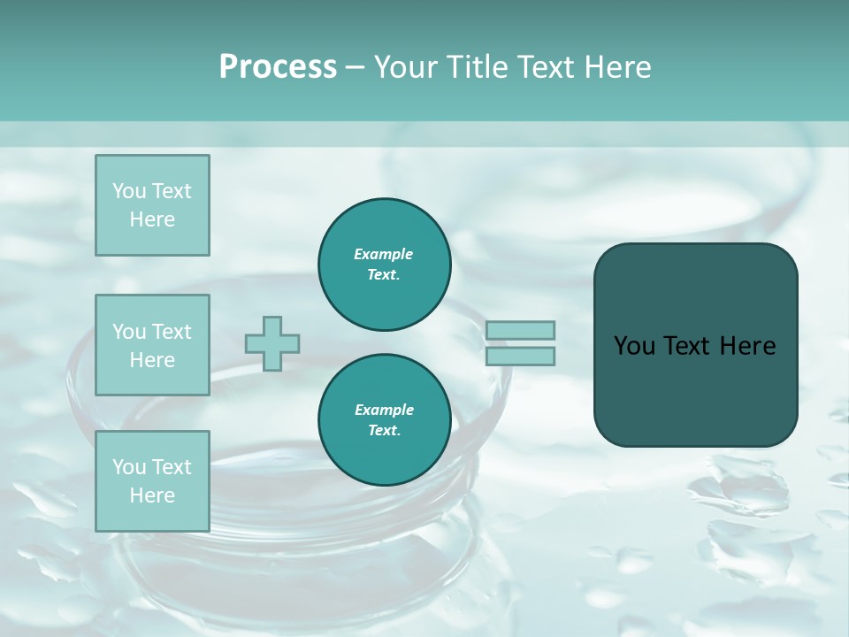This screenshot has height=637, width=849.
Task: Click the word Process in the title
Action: (x=278, y=67)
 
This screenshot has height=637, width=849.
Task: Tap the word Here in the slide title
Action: (x=618, y=67)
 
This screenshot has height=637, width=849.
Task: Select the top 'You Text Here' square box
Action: (x=152, y=205)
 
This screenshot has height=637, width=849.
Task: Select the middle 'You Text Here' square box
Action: (x=152, y=345)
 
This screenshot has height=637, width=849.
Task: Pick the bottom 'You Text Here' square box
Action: (x=152, y=481)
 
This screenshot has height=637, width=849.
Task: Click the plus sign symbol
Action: (x=272, y=344)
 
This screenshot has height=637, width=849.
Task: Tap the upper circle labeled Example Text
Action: (x=385, y=265)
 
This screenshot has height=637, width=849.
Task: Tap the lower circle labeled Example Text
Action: (x=385, y=420)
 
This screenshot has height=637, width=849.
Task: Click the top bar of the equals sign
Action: (x=520, y=330)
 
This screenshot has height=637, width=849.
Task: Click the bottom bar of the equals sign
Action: (x=520, y=357)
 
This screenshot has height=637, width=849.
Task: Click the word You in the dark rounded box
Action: (x=634, y=346)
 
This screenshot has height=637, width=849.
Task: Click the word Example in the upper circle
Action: (x=383, y=254)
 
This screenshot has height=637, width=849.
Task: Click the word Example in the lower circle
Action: (x=383, y=410)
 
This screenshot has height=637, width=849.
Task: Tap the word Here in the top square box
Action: (x=152, y=219)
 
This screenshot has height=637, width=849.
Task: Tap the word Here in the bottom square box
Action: (x=152, y=495)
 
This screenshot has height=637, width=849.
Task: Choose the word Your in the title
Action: (x=406, y=67)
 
